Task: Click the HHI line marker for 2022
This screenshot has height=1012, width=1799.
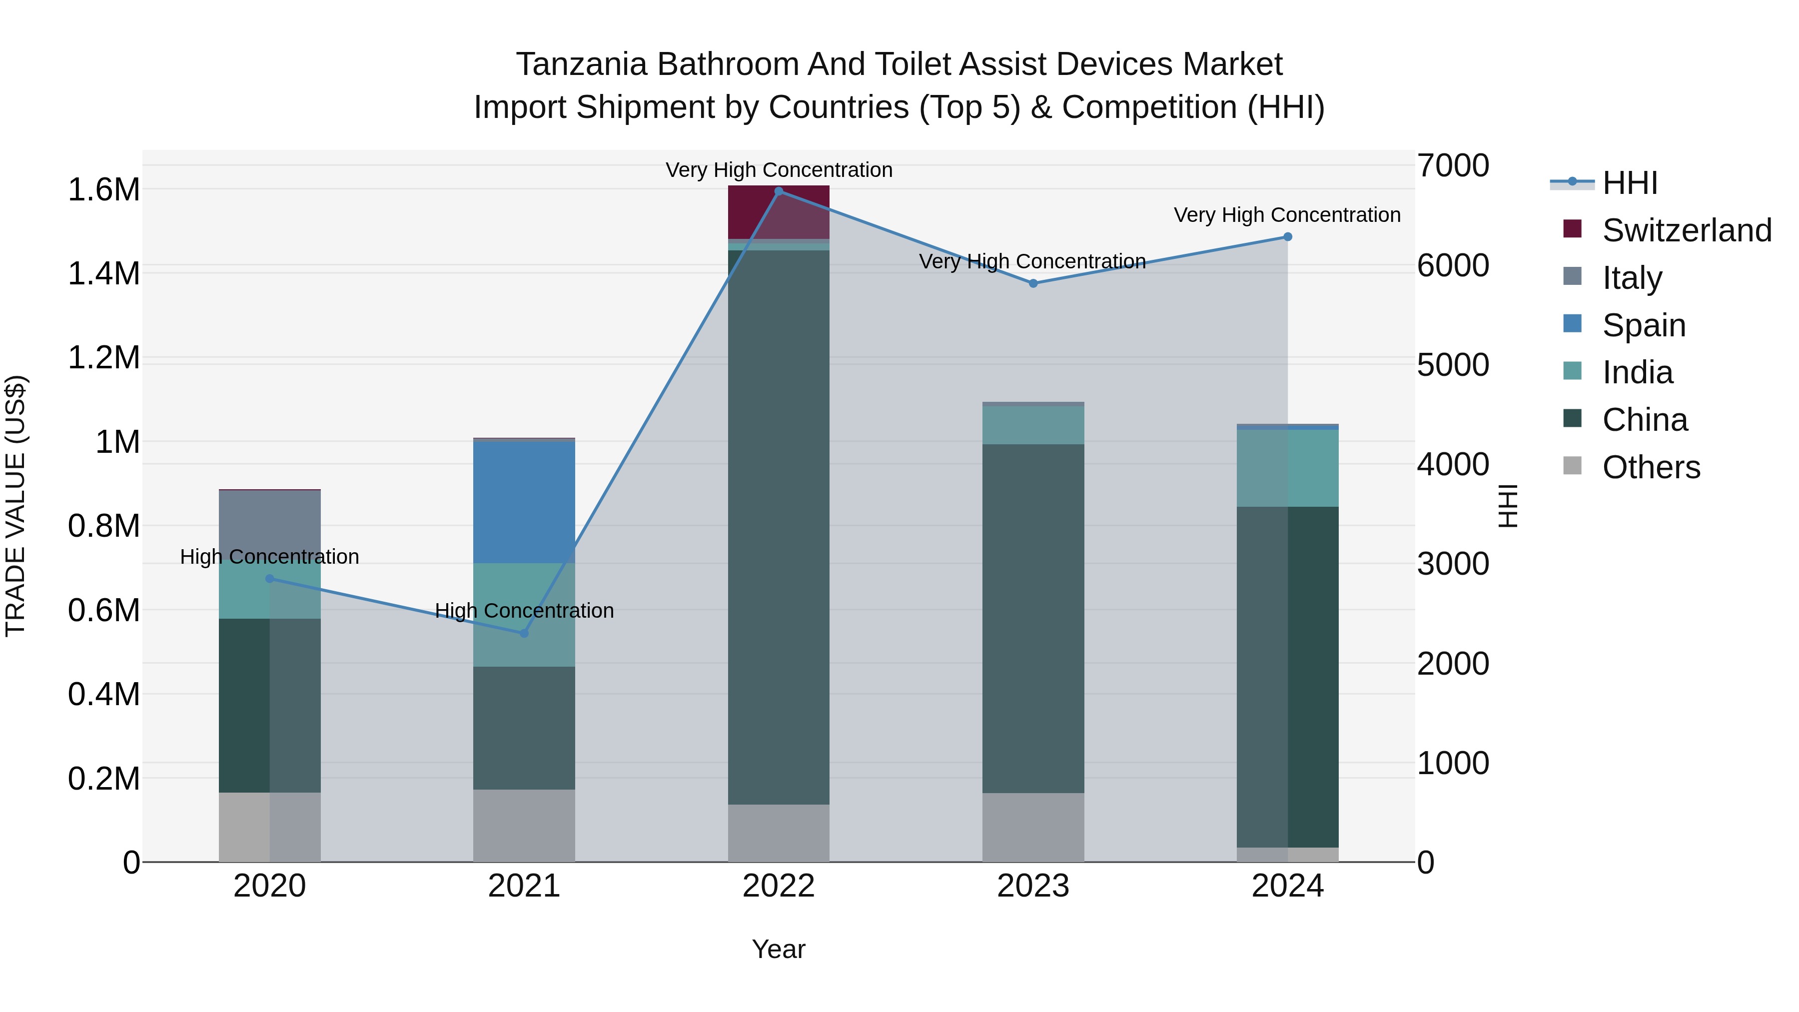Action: pyautogui.click(x=779, y=191)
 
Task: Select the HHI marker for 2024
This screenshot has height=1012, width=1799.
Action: pyautogui.click(x=1288, y=237)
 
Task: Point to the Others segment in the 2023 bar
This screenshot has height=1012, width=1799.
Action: pyautogui.click(x=1033, y=827)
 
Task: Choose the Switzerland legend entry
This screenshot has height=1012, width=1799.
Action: pyautogui.click(x=1686, y=230)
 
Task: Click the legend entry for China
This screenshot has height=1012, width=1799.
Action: pyautogui.click(x=1645, y=420)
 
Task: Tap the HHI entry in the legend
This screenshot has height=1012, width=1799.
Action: pyautogui.click(x=1629, y=183)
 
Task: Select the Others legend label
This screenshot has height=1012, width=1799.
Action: pyautogui.click(x=1651, y=467)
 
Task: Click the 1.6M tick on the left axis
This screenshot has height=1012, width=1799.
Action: pyautogui.click(x=103, y=190)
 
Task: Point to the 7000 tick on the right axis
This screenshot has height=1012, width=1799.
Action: pyautogui.click(x=1453, y=166)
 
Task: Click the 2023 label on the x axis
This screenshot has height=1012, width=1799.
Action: pyautogui.click(x=1033, y=886)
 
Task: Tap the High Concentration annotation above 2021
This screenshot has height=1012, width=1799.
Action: pyautogui.click(x=525, y=610)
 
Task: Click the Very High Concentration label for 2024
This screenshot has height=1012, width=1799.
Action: pyautogui.click(x=1287, y=214)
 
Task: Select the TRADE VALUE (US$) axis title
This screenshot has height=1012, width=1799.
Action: pyautogui.click(x=15, y=506)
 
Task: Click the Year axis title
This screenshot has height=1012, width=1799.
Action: pyautogui.click(x=778, y=949)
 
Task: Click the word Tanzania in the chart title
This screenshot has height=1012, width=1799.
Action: pyautogui.click(x=582, y=64)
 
